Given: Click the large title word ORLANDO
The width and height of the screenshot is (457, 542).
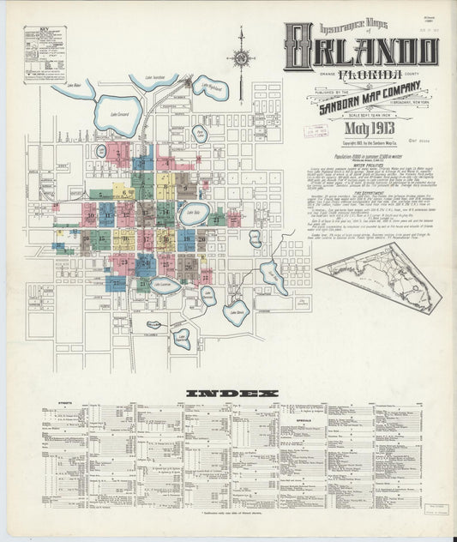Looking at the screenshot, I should (361, 51).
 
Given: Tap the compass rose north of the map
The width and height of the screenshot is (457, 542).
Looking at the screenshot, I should (241, 58).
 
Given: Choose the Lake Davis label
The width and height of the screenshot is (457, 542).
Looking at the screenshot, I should (236, 311).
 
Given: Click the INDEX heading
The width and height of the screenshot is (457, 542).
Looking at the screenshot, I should (232, 394).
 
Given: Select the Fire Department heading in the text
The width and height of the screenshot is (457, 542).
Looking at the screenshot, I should (364, 195).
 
